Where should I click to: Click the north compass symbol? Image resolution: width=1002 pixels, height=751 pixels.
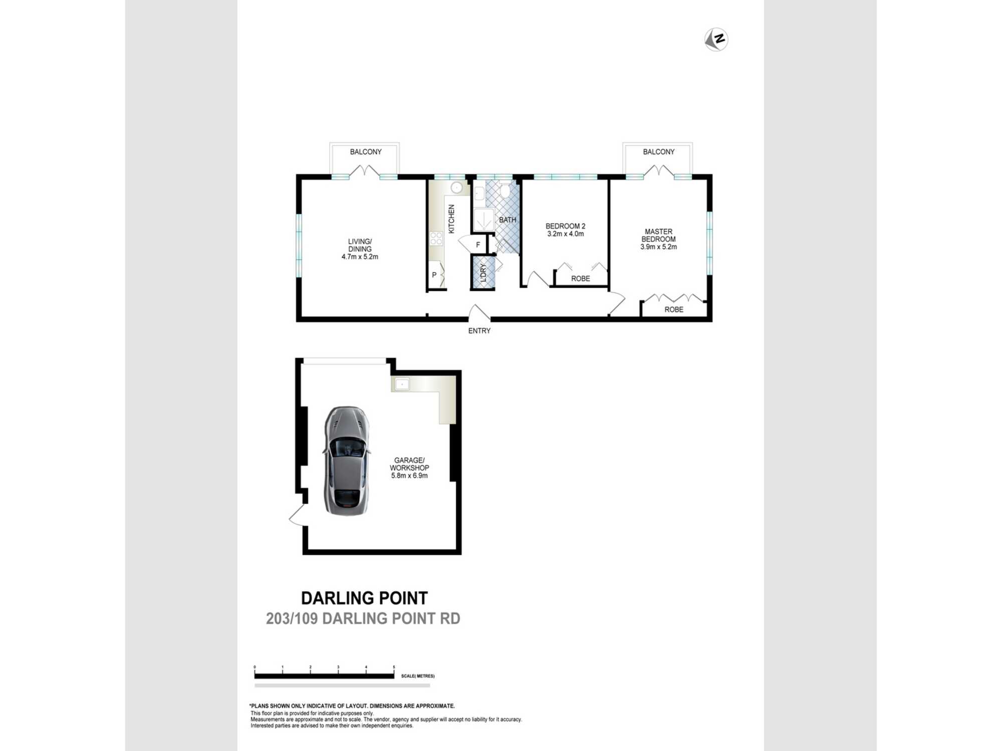coord(716,40)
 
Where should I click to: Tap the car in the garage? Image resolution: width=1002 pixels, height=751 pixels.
coord(347,461)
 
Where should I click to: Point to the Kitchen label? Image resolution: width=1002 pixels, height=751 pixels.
coord(451,219)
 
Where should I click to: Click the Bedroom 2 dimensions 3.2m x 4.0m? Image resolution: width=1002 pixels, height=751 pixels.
coord(565,234)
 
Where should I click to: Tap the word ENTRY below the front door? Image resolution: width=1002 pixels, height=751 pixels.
coord(479,330)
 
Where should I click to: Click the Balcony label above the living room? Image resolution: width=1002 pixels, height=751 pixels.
coord(366,152)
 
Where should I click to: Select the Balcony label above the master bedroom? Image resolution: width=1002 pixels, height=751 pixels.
coord(658,152)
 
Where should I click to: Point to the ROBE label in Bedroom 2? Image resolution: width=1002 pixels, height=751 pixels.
coord(581,278)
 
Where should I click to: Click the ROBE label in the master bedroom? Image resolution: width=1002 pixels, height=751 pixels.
coord(674,309)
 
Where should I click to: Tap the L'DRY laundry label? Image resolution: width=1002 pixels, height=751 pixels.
coord(483,273)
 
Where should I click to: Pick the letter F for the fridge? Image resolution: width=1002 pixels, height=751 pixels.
coord(478,245)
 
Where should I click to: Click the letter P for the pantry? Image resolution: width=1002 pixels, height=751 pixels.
coord(434,275)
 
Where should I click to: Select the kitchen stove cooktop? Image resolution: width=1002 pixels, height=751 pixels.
coord(436,238)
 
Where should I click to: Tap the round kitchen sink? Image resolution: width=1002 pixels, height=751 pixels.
coord(456,188)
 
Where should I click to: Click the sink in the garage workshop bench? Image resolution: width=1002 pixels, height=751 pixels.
coord(402,384)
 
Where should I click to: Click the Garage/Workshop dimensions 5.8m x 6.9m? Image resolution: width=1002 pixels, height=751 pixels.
coord(409,476)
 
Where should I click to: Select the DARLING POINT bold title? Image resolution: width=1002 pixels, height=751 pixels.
coord(364,598)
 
